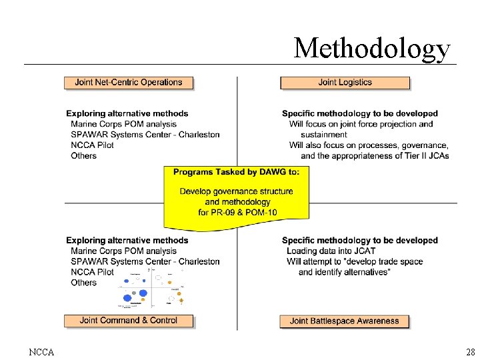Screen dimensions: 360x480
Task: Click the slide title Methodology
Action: [x=372, y=47]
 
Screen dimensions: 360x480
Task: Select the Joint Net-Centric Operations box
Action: [x=129, y=83]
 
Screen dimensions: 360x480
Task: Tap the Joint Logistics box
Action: [x=345, y=83]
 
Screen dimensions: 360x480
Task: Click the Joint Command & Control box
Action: [x=129, y=321]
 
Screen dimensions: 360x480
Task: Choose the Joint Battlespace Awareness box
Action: [x=344, y=321]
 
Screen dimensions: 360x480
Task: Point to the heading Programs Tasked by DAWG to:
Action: [x=236, y=172]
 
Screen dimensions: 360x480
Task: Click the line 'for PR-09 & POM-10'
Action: [x=237, y=213]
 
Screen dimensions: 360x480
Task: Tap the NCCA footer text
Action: [x=41, y=351]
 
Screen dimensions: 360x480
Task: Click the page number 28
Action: [x=470, y=351]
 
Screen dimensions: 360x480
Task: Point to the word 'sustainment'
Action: [x=324, y=135]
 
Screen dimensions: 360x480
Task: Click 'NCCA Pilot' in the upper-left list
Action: [x=92, y=145]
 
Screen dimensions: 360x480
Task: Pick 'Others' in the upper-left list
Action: [x=84, y=155]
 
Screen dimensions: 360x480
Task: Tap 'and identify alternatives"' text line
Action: [x=345, y=272]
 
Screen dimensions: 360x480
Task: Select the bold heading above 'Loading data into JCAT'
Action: [x=360, y=240]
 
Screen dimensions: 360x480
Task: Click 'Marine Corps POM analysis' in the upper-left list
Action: [x=124, y=124]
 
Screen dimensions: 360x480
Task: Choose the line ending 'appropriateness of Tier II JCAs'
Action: [x=375, y=155]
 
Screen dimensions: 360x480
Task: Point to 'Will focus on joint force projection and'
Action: [x=361, y=124]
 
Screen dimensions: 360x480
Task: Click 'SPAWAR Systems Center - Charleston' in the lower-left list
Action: [x=145, y=261]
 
